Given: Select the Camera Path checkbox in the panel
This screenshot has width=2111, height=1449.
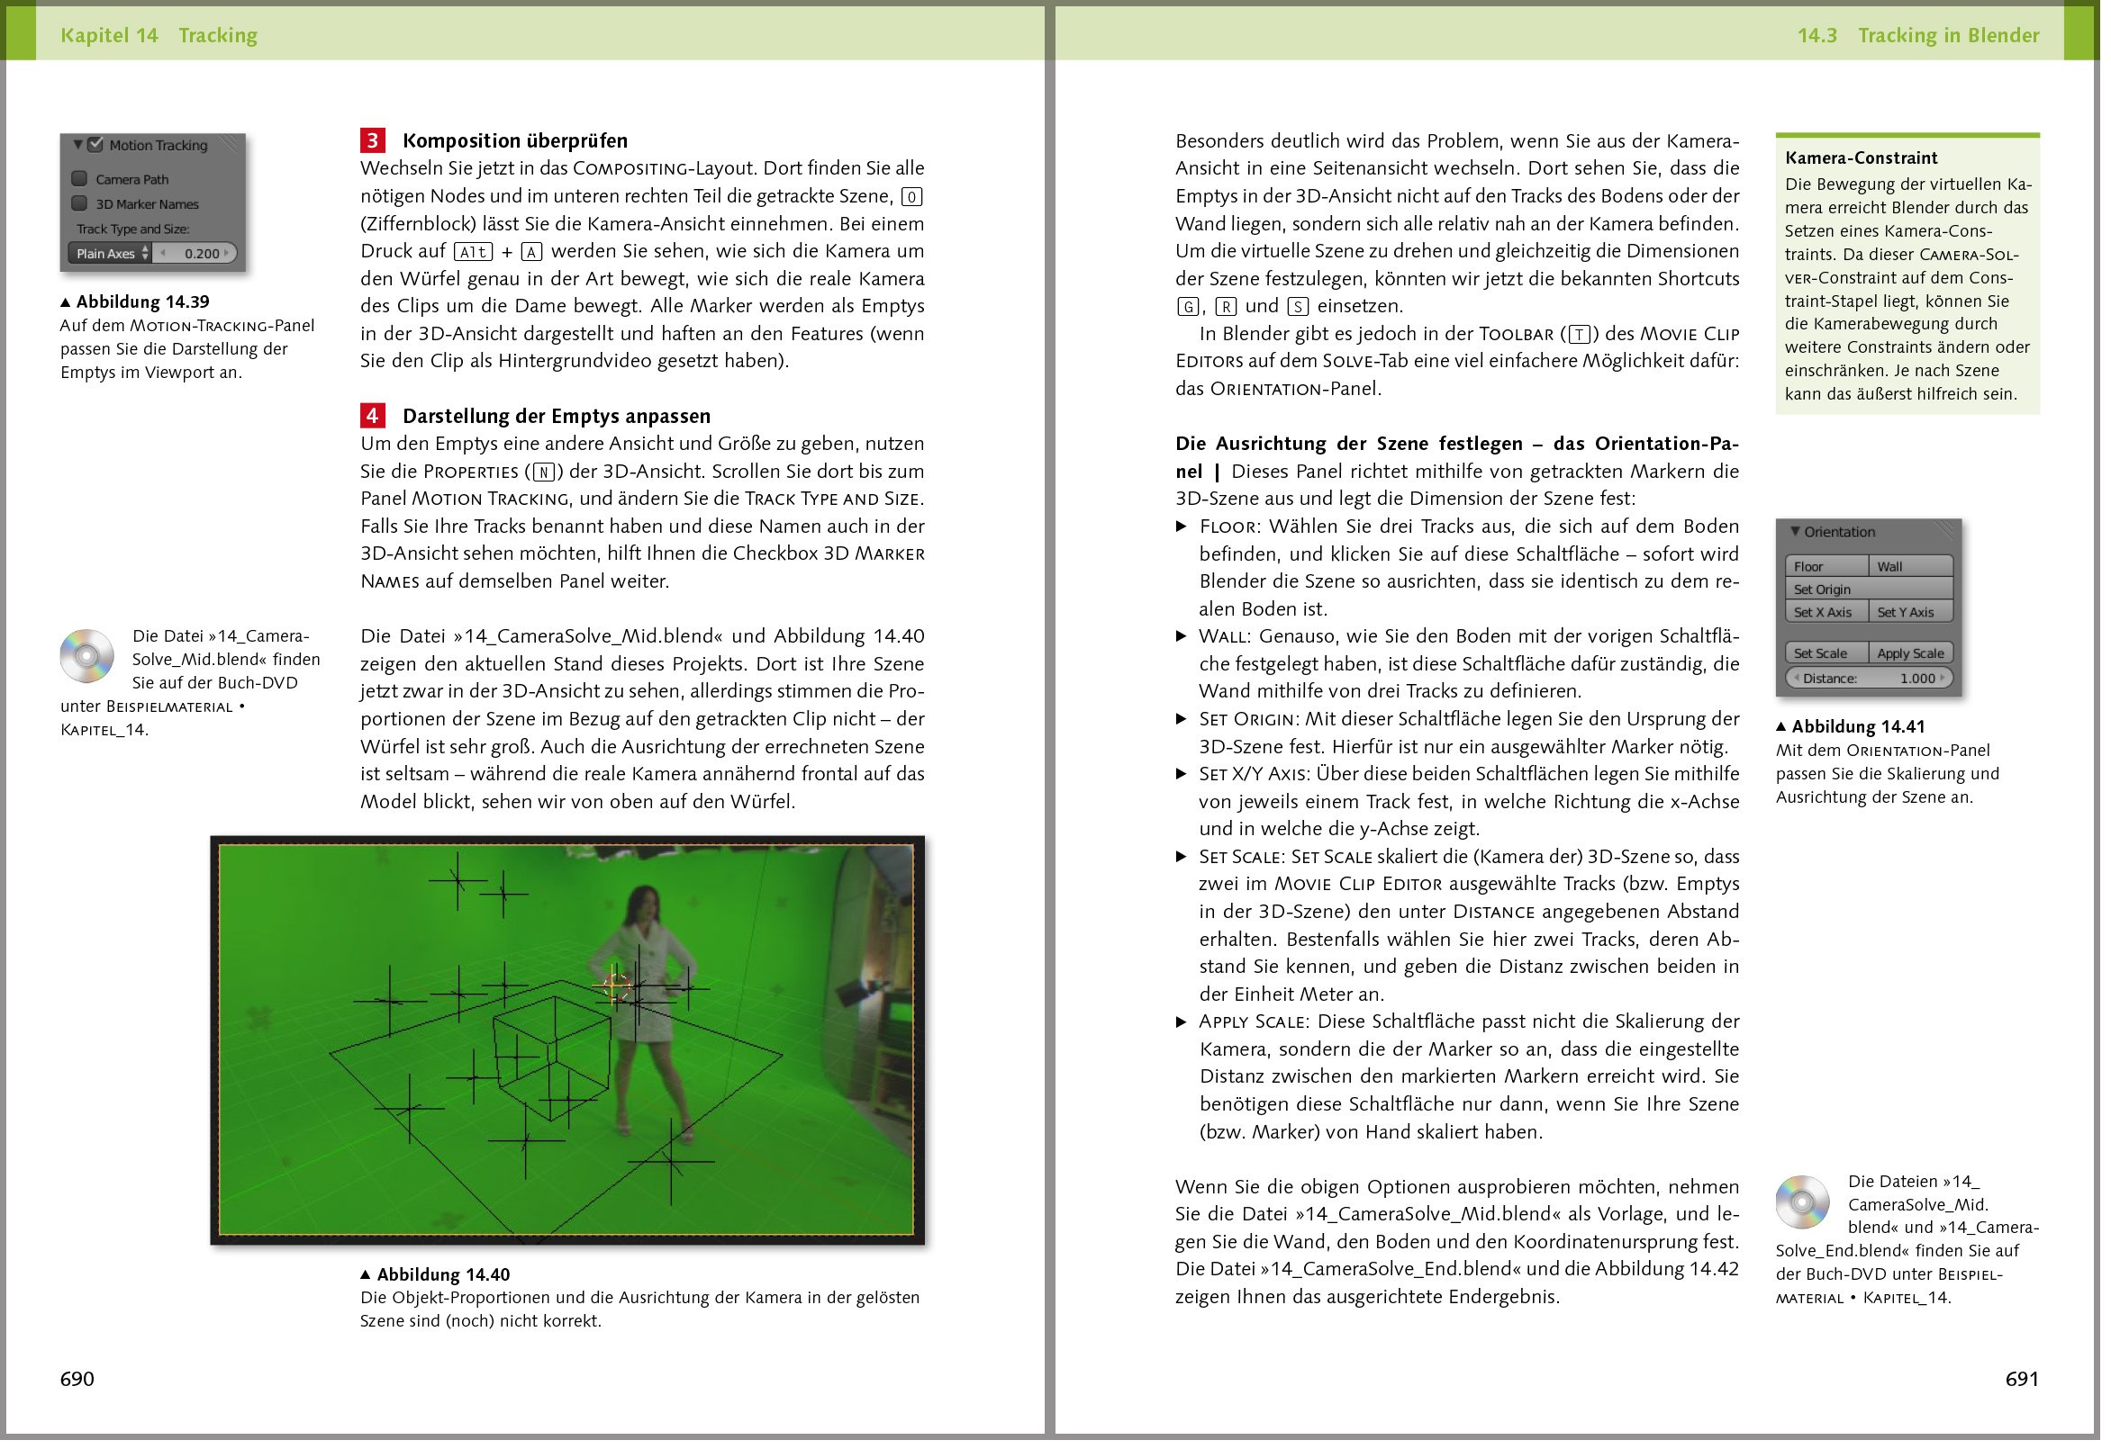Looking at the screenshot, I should click(x=80, y=180).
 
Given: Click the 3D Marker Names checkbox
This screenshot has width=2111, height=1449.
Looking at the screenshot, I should click(x=80, y=204).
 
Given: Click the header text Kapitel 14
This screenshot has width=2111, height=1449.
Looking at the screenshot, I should click(x=110, y=35).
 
